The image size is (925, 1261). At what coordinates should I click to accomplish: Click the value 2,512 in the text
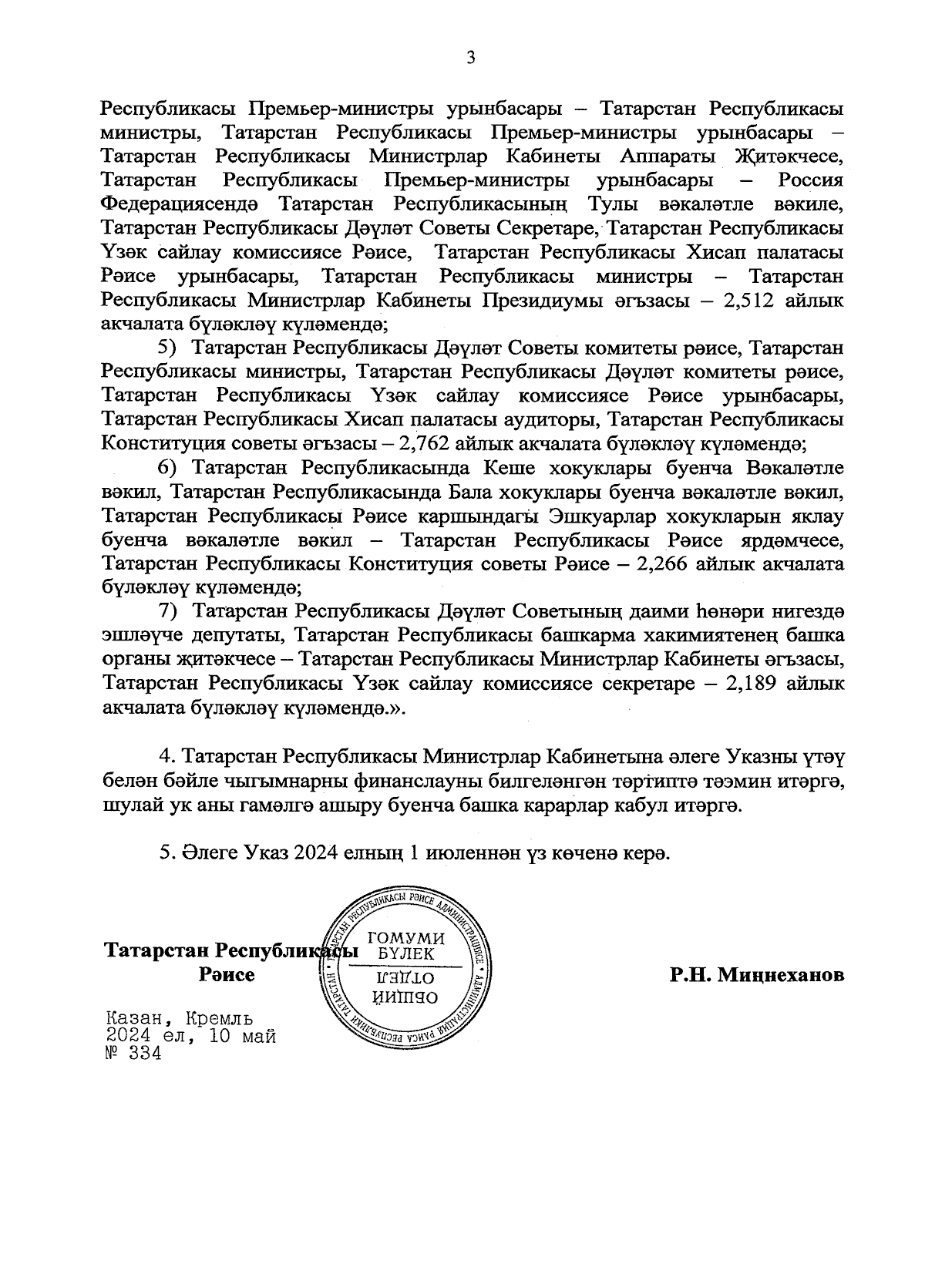pyautogui.click(x=748, y=301)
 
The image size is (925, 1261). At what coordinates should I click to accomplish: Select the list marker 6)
pyautogui.click(x=167, y=468)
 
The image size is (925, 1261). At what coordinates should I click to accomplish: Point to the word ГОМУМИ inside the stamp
pyautogui.click(x=408, y=938)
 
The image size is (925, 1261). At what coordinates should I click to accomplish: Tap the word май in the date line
pyautogui.click(x=259, y=1036)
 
